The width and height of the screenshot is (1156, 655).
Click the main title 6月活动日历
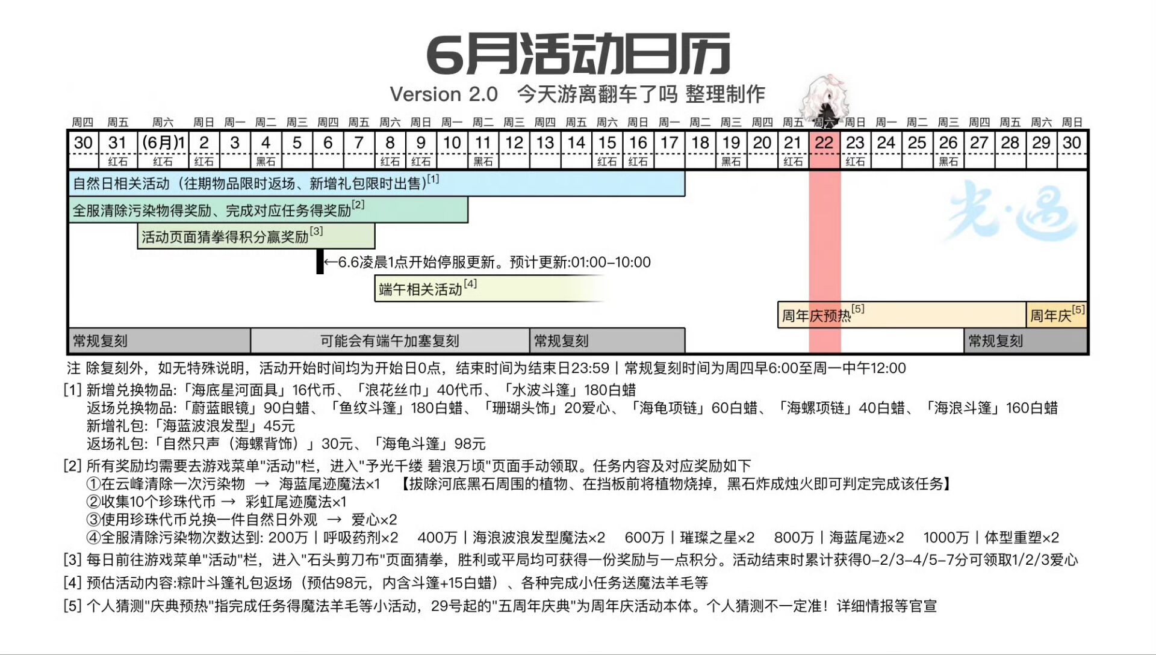[578, 54]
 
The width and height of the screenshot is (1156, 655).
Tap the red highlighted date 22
[824, 143]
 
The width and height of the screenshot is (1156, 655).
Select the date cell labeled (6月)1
[163, 143]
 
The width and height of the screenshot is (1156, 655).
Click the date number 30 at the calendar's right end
[1072, 143]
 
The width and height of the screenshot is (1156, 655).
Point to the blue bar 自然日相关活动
[377, 183]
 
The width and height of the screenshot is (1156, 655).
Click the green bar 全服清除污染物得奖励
[269, 210]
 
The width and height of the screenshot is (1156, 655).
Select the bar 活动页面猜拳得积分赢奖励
[256, 236]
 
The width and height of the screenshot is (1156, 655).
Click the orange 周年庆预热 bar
[901, 315]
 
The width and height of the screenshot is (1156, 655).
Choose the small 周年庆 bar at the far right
[1057, 315]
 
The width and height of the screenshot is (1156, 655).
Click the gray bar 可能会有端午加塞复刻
[390, 341]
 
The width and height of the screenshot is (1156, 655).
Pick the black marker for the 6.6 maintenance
[320, 262]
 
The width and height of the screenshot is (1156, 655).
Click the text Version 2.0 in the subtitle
[444, 94]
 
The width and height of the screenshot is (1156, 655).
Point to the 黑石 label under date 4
[266, 162]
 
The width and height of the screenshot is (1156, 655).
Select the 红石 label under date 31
[118, 162]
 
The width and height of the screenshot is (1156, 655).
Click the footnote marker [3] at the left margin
[72, 560]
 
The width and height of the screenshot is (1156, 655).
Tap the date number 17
[669, 143]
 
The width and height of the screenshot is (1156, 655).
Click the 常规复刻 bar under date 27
[1026, 341]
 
